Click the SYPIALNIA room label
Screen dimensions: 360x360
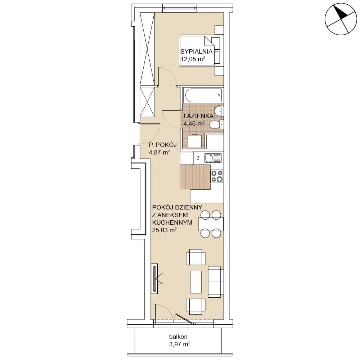[197, 51]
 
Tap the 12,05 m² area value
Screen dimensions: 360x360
[193, 59]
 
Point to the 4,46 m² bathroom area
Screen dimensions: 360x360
[194, 123]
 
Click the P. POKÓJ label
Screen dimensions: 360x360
[163, 145]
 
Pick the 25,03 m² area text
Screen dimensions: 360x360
[165, 230]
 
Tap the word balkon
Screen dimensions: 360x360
[178, 337]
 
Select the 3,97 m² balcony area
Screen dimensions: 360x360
[180, 344]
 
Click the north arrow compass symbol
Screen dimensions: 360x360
[341, 19]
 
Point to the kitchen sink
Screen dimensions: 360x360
[213, 158]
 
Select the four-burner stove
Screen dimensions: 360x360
[217, 176]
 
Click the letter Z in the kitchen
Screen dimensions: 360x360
[198, 158]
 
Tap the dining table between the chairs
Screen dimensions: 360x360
[211, 224]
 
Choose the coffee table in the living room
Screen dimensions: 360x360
[196, 282]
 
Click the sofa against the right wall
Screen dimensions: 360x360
[216, 282]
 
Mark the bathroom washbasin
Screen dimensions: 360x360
[219, 111]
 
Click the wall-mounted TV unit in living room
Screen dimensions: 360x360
[154, 278]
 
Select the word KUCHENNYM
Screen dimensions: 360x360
[172, 222]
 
